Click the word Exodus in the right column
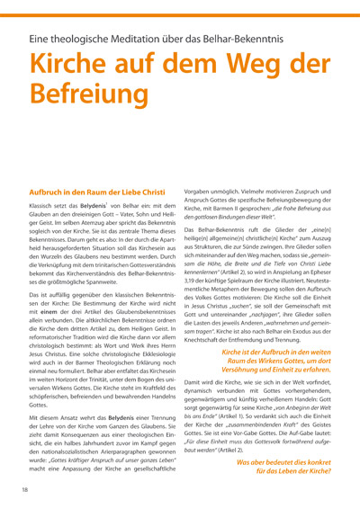pyautogui.click(x=312, y=344)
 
